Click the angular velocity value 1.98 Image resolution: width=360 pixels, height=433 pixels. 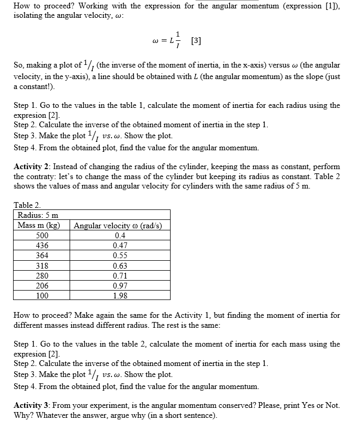(x=120, y=296)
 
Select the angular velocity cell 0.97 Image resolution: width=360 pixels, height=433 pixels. (x=120, y=286)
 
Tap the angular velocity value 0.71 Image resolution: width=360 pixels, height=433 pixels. (x=120, y=275)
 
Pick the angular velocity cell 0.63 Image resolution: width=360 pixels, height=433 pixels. (x=120, y=265)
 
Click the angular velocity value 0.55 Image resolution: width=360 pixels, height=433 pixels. (x=120, y=256)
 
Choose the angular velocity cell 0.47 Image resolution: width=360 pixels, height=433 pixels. (x=120, y=246)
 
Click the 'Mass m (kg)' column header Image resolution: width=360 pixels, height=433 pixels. (x=39, y=226)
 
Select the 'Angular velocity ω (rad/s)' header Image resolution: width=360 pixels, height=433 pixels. (x=118, y=226)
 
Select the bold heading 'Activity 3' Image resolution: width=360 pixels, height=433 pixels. (x=32, y=405)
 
